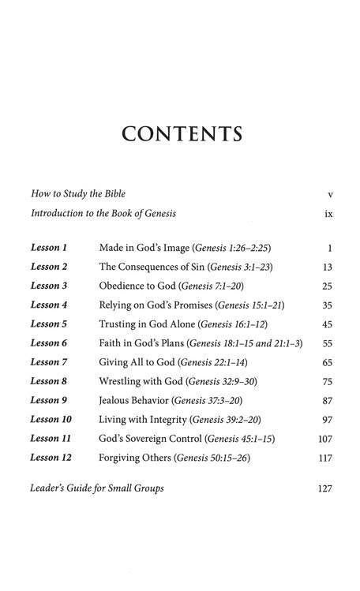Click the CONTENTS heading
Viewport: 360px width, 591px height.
[x=181, y=133]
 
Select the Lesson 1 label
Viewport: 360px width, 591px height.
[x=49, y=248]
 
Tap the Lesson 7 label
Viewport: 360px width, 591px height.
[x=49, y=362]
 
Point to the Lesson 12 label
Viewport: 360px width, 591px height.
[x=51, y=458]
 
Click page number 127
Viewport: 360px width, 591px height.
[x=324, y=489]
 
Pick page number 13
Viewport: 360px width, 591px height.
[x=327, y=267]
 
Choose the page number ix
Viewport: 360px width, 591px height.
[x=328, y=214]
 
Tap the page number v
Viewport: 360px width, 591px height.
[x=328, y=194]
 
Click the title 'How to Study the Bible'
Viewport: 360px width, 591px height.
[x=77, y=194]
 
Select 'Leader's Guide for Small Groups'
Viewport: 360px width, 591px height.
[x=97, y=489]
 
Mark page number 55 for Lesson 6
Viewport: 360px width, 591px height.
[x=327, y=344]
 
